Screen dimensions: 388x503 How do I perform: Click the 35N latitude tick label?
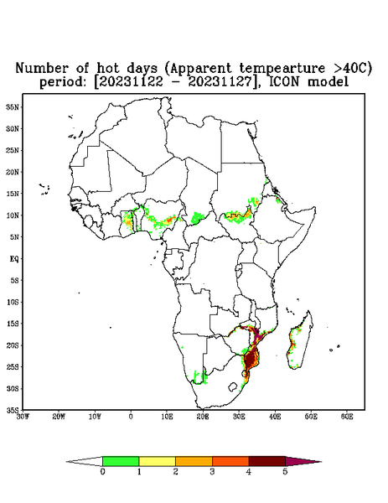click(13, 106)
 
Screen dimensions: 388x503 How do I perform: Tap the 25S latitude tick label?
click(13, 366)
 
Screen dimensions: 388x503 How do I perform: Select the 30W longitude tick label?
click(23, 417)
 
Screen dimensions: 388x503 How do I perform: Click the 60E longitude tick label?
click(347, 417)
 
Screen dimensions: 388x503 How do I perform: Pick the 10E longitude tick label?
click(167, 417)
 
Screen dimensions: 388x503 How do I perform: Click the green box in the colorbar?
click(121, 461)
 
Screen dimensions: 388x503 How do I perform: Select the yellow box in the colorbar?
click(157, 461)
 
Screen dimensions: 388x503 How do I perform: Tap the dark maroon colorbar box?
click(267, 461)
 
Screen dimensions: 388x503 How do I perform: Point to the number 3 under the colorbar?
click(212, 472)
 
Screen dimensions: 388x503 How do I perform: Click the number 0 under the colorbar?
click(102, 472)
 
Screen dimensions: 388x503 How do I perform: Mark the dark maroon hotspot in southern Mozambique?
click(250, 360)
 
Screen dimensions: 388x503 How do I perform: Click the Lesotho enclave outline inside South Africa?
click(233, 386)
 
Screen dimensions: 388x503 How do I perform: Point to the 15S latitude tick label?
click(13, 324)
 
